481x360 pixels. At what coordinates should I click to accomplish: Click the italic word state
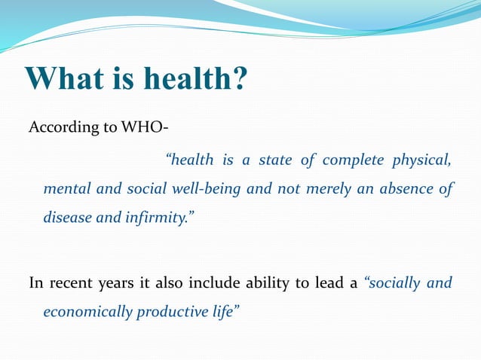pyautogui.click(x=275, y=160)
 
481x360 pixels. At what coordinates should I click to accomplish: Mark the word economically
pyautogui.click(x=87, y=312)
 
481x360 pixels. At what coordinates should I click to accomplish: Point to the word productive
pyautogui.click(x=172, y=312)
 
